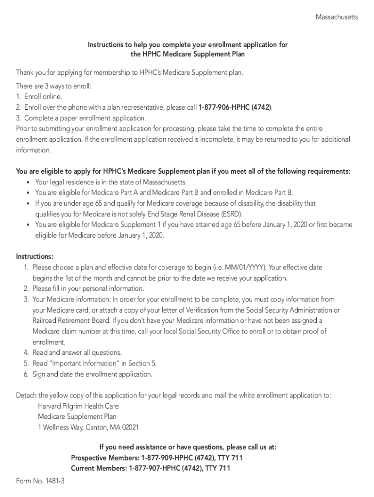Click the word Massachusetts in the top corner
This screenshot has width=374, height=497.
337,17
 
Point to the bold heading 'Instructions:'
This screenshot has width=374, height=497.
35,257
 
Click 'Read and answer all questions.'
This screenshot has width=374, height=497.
77,353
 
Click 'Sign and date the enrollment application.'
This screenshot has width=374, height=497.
92,374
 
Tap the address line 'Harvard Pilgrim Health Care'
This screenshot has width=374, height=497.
78,406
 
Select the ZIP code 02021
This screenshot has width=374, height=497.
130,428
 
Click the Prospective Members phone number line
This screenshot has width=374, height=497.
157,458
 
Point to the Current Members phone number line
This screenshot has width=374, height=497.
151,468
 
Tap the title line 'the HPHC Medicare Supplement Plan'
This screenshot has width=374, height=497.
187,54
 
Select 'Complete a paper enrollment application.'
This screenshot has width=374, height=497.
85,118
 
